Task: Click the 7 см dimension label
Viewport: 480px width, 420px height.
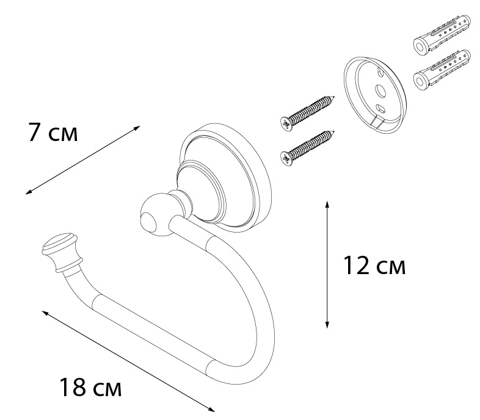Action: (x=53, y=132)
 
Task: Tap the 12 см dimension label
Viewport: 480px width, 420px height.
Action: (x=374, y=266)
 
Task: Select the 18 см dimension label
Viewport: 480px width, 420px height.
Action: (x=90, y=387)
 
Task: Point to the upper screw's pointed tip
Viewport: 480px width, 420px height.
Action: (x=334, y=97)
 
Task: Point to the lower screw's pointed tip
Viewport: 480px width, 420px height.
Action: (x=334, y=132)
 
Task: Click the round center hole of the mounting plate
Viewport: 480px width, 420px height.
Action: (x=380, y=90)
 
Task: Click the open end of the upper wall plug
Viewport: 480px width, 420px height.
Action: (x=420, y=47)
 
